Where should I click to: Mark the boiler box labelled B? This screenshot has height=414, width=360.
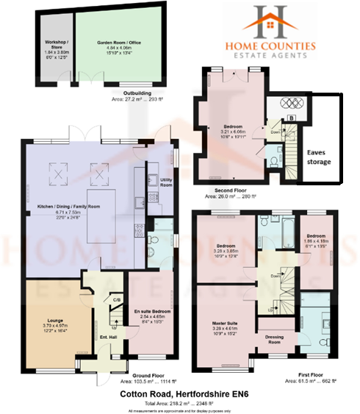pyautogui.click(x=292, y=117)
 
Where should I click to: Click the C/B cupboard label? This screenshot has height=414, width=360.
pyautogui.click(x=115, y=299)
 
